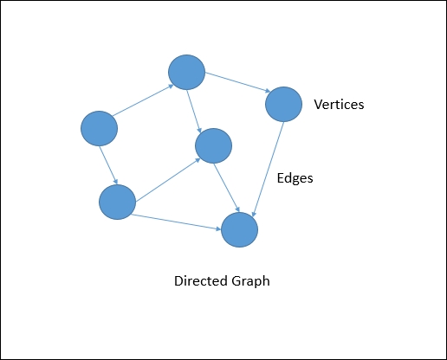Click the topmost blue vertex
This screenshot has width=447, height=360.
(186, 73)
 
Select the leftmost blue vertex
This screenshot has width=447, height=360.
(99, 129)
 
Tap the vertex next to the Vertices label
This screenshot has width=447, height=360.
(282, 104)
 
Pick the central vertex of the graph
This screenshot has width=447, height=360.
(213, 145)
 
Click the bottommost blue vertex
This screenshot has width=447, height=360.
(240, 229)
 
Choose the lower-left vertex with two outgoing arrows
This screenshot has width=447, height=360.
(117, 202)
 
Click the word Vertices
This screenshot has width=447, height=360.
(339, 105)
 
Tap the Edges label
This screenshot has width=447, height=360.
(294, 178)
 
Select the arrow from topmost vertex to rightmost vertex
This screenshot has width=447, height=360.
(236, 83)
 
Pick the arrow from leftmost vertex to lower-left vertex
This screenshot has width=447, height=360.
(107, 164)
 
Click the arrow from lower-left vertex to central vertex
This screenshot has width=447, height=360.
(165, 176)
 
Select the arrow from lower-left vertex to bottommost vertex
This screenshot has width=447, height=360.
(178, 222)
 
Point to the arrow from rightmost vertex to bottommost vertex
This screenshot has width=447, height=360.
(268, 168)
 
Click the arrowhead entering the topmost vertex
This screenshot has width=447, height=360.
(167, 85)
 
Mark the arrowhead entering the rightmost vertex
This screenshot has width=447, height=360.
(267, 91)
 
